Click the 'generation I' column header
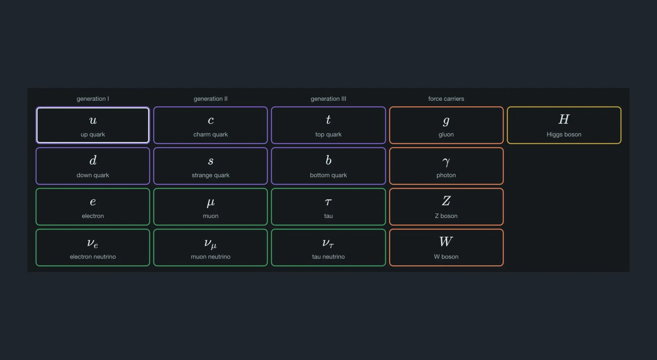click(x=93, y=99)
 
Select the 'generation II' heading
click(x=211, y=99)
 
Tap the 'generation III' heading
click(x=328, y=99)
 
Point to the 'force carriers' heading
click(x=446, y=99)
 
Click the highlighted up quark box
click(x=93, y=125)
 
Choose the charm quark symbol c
click(x=211, y=120)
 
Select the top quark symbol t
click(x=328, y=119)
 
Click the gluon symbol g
click(x=446, y=121)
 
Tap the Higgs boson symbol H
click(x=564, y=119)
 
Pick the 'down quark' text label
click(x=93, y=175)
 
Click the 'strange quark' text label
click(x=211, y=175)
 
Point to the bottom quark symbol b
click(x=328, y=160)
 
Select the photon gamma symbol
click(x=446, y=162)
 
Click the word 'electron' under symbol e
click(x=93, y=216)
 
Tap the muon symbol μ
click(x=211, y=202)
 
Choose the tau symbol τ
click(x=328, y=202)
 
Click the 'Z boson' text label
click(x=446, y=216)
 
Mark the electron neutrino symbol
click(x=93, y=243)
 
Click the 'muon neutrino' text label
click(x=211, y=257)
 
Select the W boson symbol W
click(x=446, y=241)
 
